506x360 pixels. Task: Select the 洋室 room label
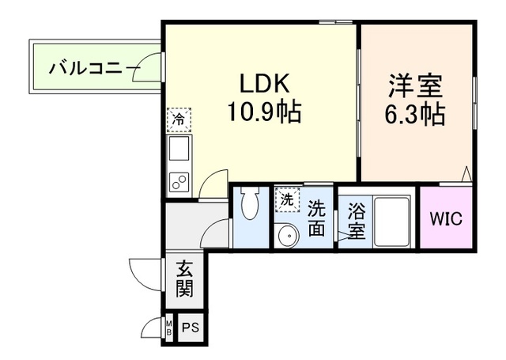point(414,85)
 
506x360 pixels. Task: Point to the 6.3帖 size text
point(414,114)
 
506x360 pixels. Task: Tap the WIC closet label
point(445,218)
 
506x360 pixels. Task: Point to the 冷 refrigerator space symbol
point(178,119)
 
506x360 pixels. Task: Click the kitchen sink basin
point(179,149)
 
